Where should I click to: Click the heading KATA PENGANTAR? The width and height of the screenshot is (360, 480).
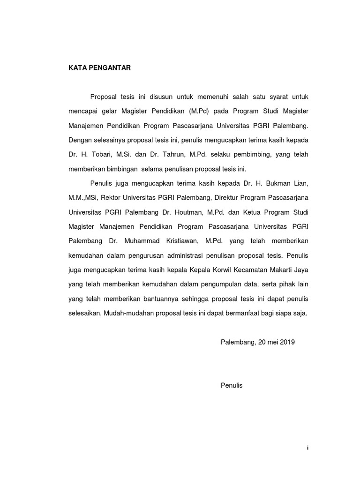pyautogui.click(x=99, y=68)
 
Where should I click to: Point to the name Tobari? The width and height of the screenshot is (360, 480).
pyautogui.click(x=102, y=154)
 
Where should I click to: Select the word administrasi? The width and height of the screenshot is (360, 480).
pyautogui.click(x=184, y=255)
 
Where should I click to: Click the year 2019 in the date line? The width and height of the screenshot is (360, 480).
pyautogui.click(x=287, y=342)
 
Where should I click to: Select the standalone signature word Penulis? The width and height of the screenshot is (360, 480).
pyautogui.click(x=232, y=385)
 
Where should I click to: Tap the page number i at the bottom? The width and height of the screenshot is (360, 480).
pyautogui.click(x=307, y=448)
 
